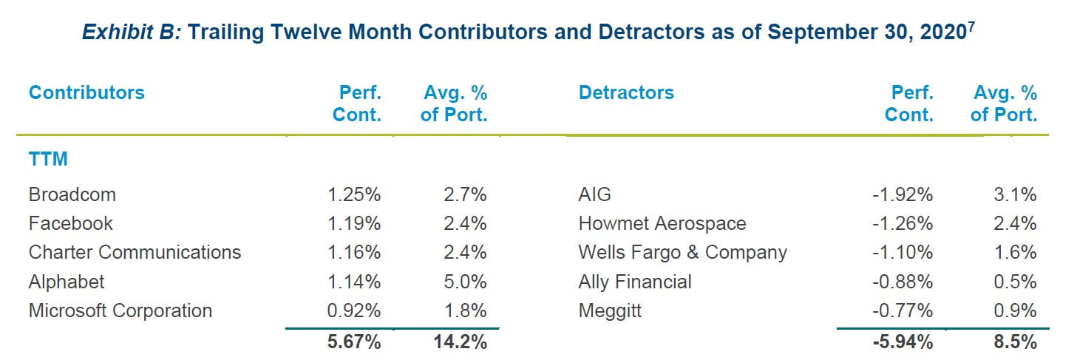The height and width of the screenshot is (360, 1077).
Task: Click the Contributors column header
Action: click(86, 93)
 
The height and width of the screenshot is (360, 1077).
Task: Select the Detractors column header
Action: click(626, 93)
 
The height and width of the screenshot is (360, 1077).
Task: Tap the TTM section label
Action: click(48, 159)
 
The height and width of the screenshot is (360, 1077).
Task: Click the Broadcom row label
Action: click(72, 195)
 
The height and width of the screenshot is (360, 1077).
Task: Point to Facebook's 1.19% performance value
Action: click(353, 224)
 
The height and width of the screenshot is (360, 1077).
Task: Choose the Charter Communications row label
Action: click(135, 253)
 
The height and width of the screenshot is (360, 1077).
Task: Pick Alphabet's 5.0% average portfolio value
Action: click(465, 282)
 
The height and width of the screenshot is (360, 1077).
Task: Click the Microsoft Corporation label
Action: click(120, 310)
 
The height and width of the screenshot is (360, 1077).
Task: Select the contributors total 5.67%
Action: click(353, 342)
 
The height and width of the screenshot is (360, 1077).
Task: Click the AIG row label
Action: click(594, 195)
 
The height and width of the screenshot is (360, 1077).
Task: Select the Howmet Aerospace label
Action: click(662, 224)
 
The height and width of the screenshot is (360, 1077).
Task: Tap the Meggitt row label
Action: click(610, 310)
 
